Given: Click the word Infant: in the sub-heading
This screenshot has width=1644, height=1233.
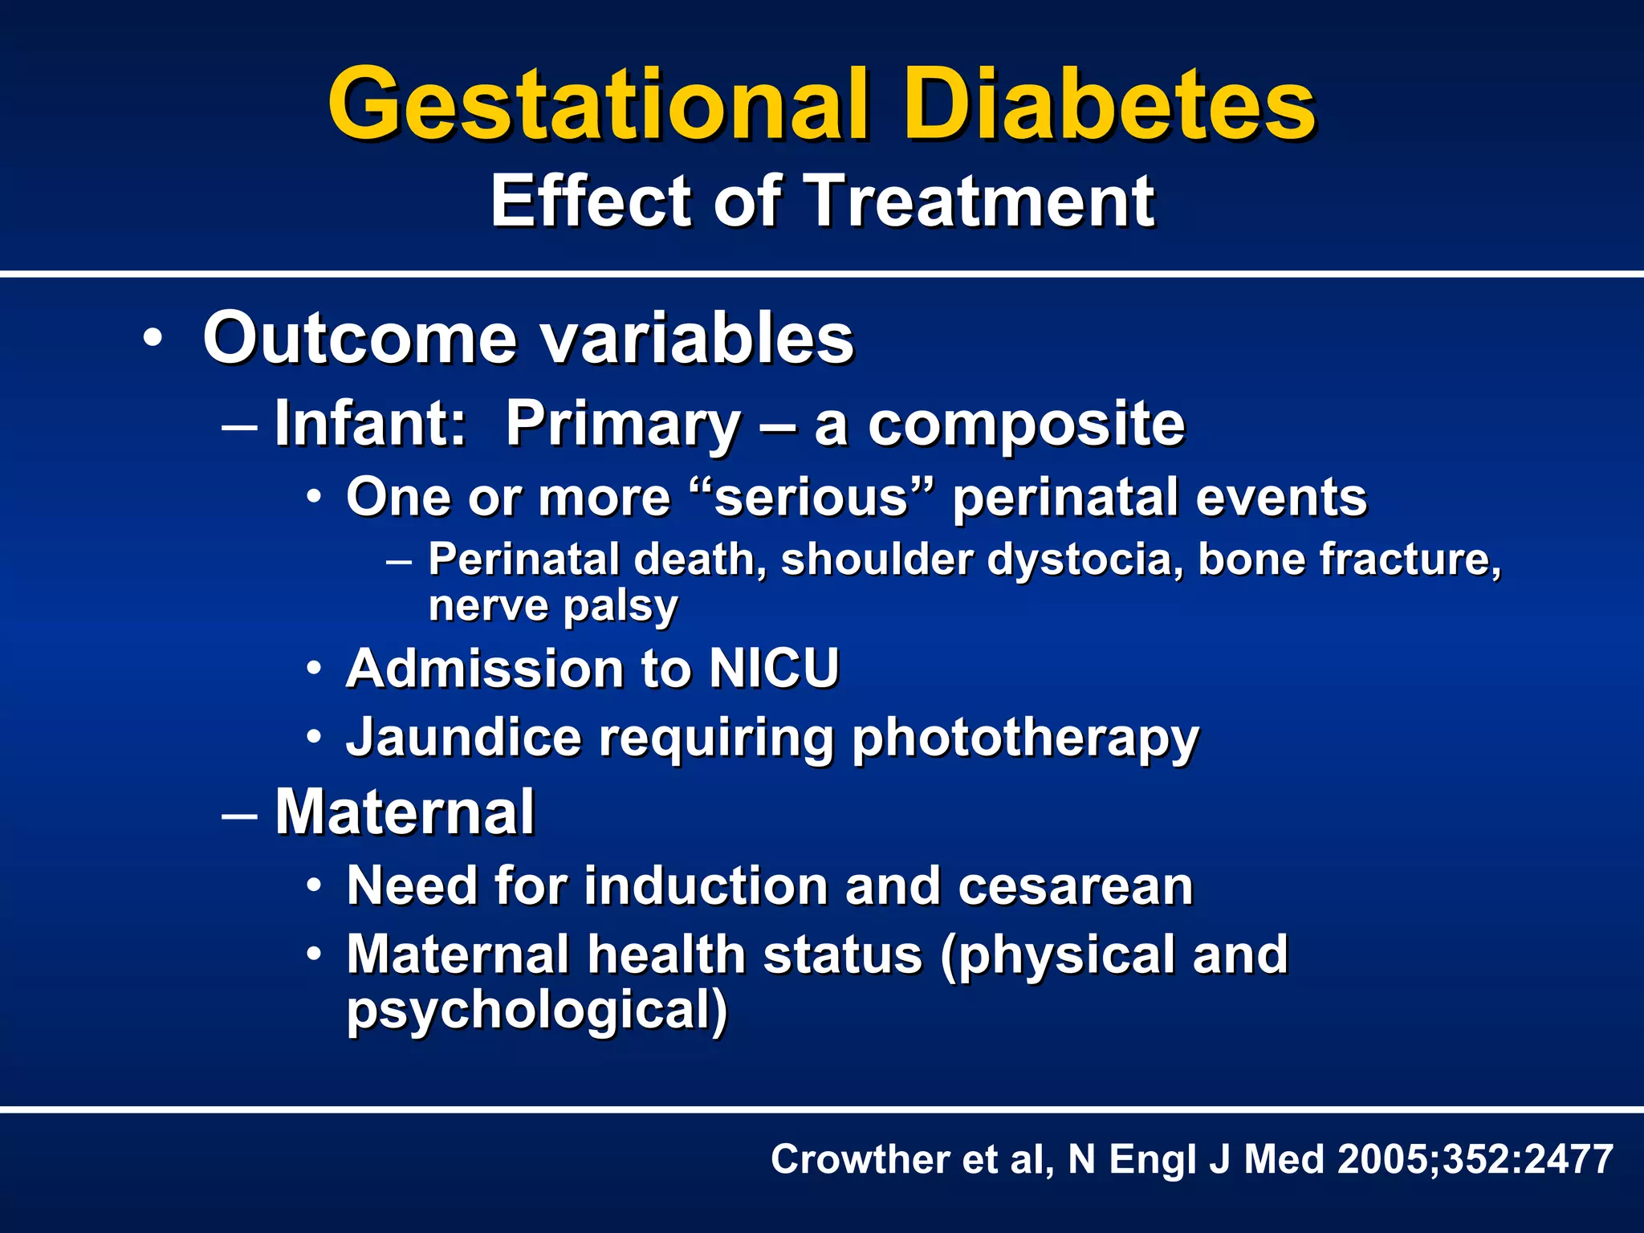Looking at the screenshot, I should pyautogui.click(x=370, y=423).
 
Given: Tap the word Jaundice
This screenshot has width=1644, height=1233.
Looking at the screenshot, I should pyautogui.click(x=463, y=737).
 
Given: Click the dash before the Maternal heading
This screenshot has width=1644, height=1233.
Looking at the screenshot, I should pyautogui.click(x=239, y=813).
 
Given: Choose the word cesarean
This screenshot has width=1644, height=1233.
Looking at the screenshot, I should pyautogui.click(x=1075, y=886).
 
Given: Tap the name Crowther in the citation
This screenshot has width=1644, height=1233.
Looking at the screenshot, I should pyautogui.click(x=860, y=1159).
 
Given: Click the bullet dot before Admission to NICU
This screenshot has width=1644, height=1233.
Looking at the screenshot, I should pyautogui.click(x=315, y=669).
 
